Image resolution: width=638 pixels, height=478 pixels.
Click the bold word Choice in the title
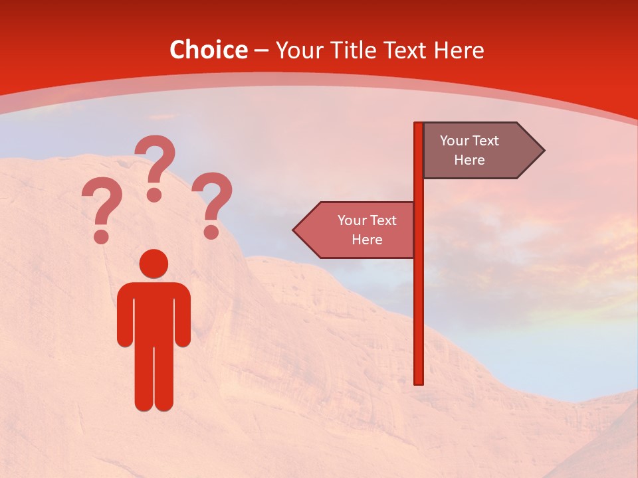tap(208, 50)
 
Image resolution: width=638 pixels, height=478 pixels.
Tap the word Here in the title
tap(459, 50)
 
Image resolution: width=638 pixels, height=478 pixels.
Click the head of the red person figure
tap(154, 263)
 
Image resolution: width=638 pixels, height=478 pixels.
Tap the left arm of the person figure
tap(124, 315)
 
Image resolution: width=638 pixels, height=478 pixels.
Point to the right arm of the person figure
tap(183, 315)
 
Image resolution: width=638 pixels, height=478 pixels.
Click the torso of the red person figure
tap(154, 312)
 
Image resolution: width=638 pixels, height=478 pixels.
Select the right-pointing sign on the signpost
tap(478, 150)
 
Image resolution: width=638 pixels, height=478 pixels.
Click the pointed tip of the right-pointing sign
tap(541, 150)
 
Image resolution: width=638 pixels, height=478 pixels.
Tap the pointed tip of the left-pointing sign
tap(296, 230)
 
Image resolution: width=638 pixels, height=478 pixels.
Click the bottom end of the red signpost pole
tap(419, 380)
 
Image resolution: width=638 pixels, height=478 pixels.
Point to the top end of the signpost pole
tap(419, 125)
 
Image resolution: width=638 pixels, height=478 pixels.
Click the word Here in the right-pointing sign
tap(469, 160)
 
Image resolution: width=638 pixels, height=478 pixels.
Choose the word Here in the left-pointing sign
tap(367, 240)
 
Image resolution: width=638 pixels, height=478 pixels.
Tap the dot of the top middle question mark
tap(154, 194)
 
